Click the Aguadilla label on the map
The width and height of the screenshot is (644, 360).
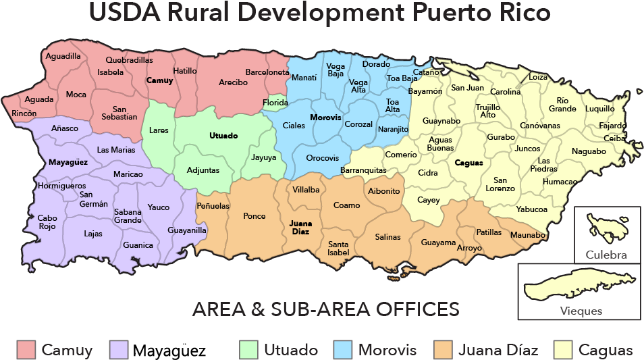tap(63, 56)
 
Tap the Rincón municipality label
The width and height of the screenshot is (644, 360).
tap(24, 113)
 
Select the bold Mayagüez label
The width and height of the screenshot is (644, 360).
tap(69, 162)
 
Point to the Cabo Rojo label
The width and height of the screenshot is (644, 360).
tap(47, 222)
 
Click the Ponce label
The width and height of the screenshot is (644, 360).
tap(254, 216)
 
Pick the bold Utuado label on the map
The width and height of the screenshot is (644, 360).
tap(223, 136)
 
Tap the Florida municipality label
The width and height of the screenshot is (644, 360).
tap(275, 103)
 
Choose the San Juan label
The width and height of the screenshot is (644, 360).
tap(467, 87)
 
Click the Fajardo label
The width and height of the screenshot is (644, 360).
tap(612, 126)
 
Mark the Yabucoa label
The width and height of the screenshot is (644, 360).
tap(531, 209)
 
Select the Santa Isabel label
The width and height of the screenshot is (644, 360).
tap(338, 248)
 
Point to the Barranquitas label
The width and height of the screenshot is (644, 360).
tap(363, 170)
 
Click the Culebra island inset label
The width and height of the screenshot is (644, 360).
tap(606, 255)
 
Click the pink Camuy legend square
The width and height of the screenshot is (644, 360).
tap(26, 349)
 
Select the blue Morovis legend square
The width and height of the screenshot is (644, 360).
tap(343, 349)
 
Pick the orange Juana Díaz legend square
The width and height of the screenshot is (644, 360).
tap(444, 349)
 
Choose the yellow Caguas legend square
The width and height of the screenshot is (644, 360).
tap(563, 349)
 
